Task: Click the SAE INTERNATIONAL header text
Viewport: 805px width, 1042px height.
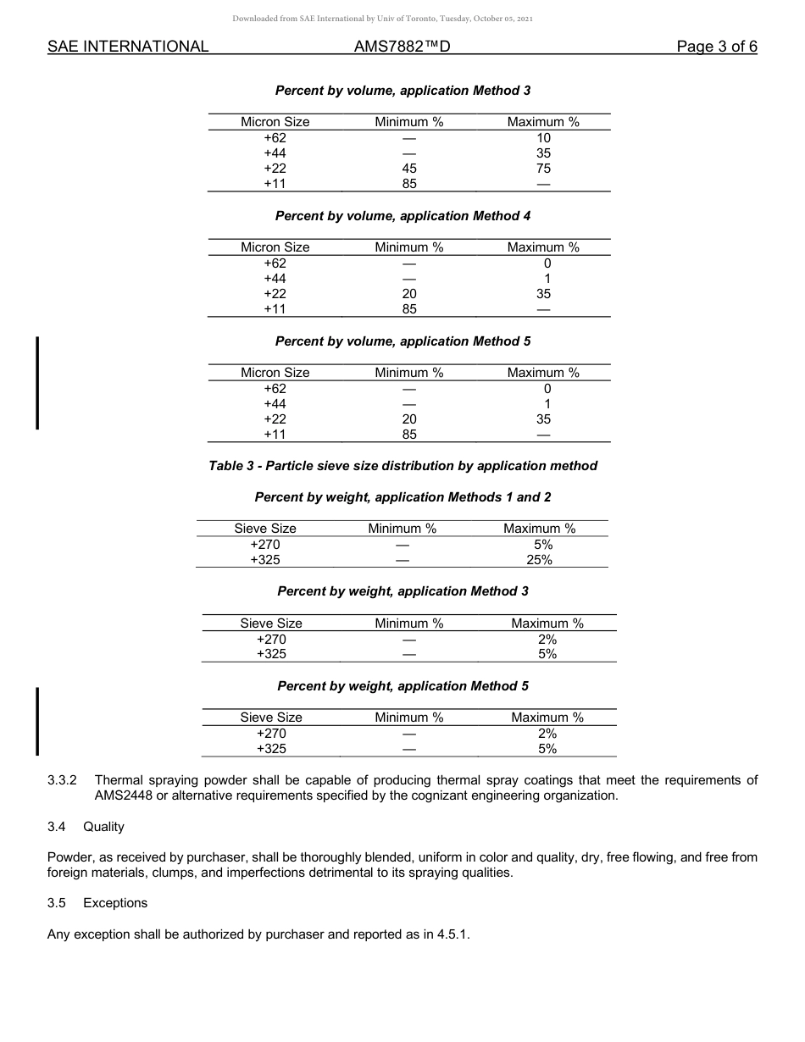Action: click(128, 47)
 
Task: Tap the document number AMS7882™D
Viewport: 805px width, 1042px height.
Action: click(402, 47)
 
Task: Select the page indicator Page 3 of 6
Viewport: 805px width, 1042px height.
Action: click(716, 47)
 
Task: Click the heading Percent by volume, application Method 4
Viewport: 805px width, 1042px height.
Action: click(402, 216)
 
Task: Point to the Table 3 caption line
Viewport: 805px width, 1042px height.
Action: click(402, 466)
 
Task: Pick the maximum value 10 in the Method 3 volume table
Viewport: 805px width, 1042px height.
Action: click(543, 138)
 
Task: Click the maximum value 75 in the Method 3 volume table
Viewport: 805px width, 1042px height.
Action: click(543, 169)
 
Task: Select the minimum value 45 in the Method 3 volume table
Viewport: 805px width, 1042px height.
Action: click(409, 169)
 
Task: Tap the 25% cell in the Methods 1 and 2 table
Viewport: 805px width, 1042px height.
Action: click(539, 560)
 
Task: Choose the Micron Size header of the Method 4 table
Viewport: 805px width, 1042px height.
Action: click(275, 247)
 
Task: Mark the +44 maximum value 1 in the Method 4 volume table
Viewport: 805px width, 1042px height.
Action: click(547, 279)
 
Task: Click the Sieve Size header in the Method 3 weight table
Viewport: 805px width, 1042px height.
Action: click(271, 624)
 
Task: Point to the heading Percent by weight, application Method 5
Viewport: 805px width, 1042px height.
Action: click(402, 686)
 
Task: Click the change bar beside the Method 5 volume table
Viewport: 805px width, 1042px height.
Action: click(36, 383)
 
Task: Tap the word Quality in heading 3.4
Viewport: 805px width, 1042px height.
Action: click(103, 827)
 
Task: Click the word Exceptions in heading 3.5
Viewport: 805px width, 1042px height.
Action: click(115, 903)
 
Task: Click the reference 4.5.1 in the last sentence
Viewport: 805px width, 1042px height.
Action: click(452, 934)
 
